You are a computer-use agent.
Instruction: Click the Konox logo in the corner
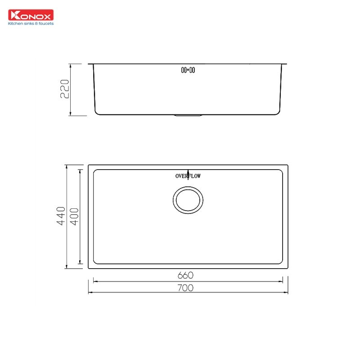coord(31,15)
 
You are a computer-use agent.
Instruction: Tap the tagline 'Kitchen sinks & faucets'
coord(31,23)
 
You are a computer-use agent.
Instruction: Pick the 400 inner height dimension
coord(75,217)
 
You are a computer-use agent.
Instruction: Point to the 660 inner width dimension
coord(188,275)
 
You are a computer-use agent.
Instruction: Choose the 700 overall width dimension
coord(188,288)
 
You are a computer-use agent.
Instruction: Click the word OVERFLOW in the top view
coord(188,176)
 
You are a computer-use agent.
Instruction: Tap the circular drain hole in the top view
coord(188,200)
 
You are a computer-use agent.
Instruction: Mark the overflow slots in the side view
coord(188,70)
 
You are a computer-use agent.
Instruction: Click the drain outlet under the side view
coord(188,115)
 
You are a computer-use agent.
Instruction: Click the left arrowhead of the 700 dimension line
coord(90,293)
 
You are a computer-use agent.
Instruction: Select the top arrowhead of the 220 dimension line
coord(70,65)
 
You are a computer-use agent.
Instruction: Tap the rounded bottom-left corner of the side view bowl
coord(97,112)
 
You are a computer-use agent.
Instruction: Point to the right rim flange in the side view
coord(284,64)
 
